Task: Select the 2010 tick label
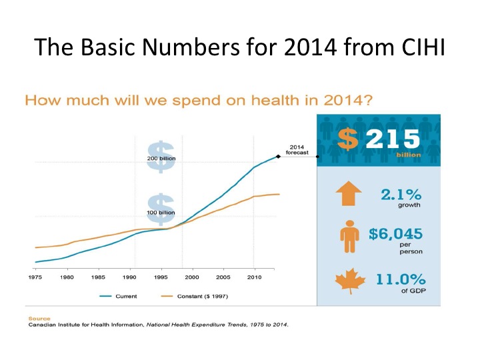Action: (x=254, y=276)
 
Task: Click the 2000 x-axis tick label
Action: (x=192, y=276)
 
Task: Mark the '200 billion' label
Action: (x=161, y=158)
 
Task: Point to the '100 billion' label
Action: (x=161, y=213)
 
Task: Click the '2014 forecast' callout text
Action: (x=297, y=149)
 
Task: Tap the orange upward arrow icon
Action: (x=348, y=194)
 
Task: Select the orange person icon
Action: (x=347, y=238)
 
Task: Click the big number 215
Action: (x=389, y=138)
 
